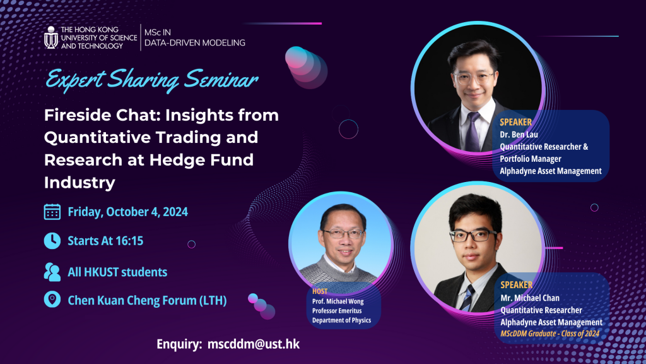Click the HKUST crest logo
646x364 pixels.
(x=51, y=37)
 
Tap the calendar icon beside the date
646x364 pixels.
(x=52, y=212)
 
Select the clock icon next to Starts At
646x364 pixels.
(x=52, y=241)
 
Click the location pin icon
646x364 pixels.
(x=52, y=300)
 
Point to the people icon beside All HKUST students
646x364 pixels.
(x=52, y=272)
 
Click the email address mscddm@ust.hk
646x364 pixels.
(x=254, y=344)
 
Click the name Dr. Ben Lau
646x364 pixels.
(x=519, y=135)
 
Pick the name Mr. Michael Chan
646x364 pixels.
(x=530, y=298)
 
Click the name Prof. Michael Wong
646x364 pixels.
(x=338, y=301)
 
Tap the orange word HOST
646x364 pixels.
(x=320, y=291)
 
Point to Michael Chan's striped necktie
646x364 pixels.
(x=467, y=298)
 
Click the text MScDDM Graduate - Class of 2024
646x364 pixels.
(x=550, y=334)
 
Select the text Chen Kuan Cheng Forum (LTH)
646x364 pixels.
(x=147, y=300)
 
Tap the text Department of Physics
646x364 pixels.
(x=341, y=320)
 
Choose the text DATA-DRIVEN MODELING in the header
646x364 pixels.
(x=195, y=43)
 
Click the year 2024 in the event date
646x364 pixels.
(x=175, y=212)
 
